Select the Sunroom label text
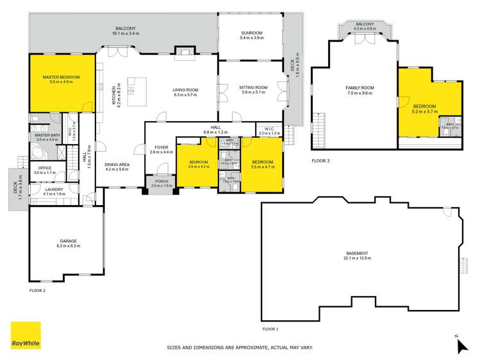click(250, 35)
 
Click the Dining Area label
click(117, 167)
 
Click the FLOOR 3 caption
click(320, 161)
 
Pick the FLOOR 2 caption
click(38, 290)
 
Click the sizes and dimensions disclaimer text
click(240, 348)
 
